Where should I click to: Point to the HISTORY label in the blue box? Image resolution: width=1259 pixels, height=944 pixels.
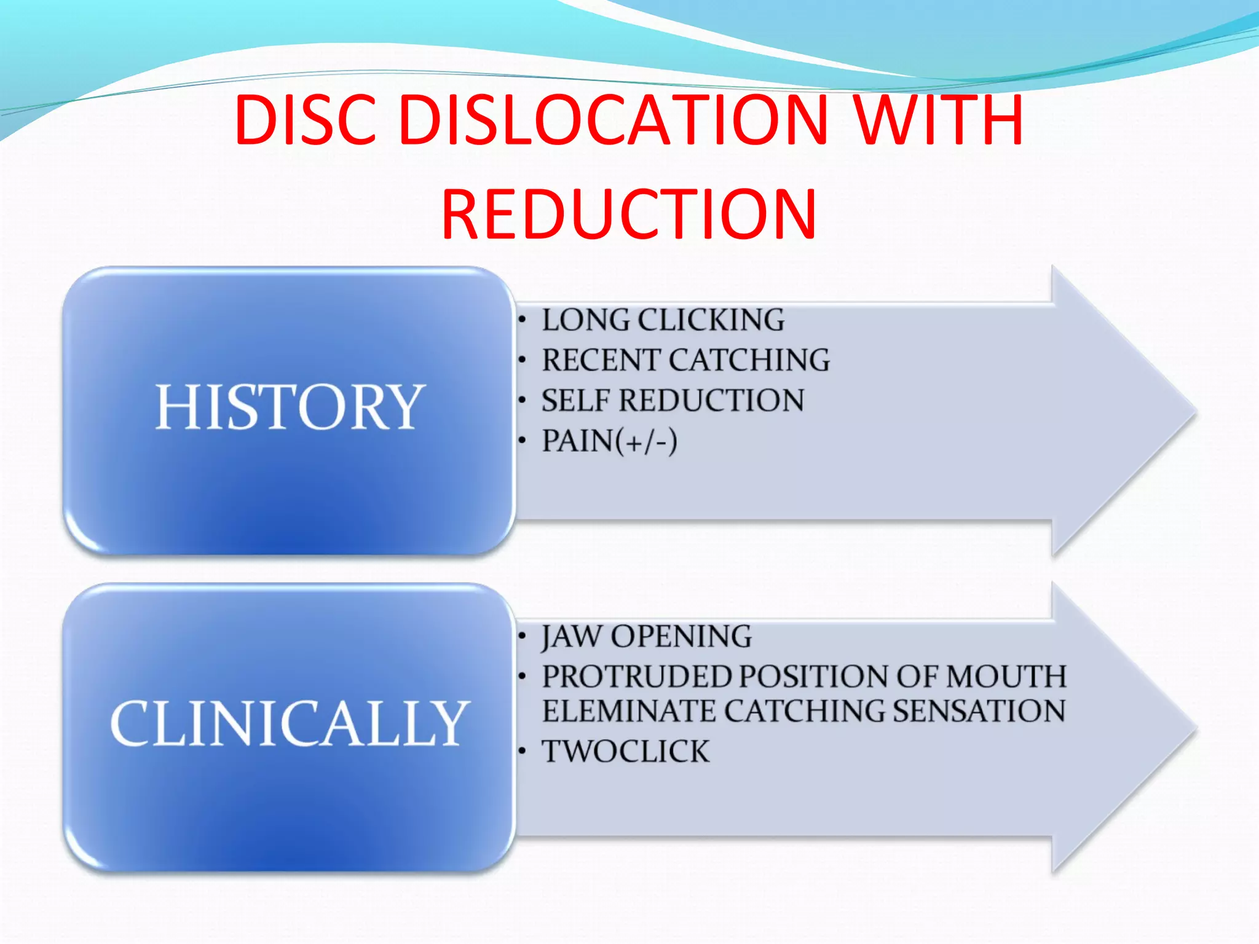pos(290,407)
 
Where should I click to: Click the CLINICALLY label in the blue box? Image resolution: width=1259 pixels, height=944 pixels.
pos(290,723)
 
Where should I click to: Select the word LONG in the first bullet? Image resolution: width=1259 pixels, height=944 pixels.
pos(585,320)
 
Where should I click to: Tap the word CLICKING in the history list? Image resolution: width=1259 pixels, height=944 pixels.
pos(711,320)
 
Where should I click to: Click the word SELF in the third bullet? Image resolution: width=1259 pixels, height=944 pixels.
pos(575,401)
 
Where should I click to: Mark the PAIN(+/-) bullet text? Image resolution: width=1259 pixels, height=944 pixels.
pos(609,441)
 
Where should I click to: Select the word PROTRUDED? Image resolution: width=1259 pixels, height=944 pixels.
pos(636,677)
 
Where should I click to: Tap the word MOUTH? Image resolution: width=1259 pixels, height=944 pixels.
pos(1006,677)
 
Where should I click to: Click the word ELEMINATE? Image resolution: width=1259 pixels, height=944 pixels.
pos(628,711)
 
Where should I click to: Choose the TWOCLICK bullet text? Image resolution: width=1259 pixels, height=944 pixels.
pos(625,752)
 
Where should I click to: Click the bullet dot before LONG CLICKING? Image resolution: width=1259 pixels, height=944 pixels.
pos(522,320)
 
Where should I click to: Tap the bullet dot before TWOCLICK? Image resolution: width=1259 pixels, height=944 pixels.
pos(522,751)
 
